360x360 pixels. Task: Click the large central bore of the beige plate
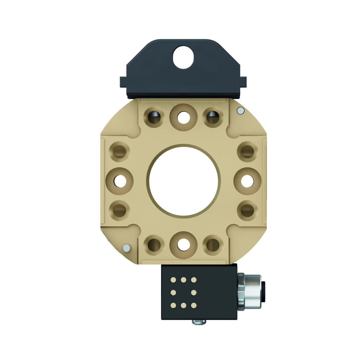click(184, 181)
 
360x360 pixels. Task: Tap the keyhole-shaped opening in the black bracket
click(183, 57)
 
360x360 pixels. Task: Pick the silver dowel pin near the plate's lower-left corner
click(126, 249)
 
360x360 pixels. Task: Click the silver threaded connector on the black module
click(250, 291)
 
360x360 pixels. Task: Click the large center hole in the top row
click(183, 117)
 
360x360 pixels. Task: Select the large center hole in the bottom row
click(183, 245)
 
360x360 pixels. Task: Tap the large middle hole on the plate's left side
click(120, 181)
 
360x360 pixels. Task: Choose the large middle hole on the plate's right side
click(247, 181)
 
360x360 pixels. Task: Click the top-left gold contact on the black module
click(173, 280)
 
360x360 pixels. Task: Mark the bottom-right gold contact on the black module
click(193, 304)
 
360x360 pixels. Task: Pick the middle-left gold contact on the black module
click(173, 292)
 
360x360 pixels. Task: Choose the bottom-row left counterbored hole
click(154, 245)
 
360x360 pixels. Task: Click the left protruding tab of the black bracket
click(123, 82)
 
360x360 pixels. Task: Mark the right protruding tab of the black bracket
click(243, 82)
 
